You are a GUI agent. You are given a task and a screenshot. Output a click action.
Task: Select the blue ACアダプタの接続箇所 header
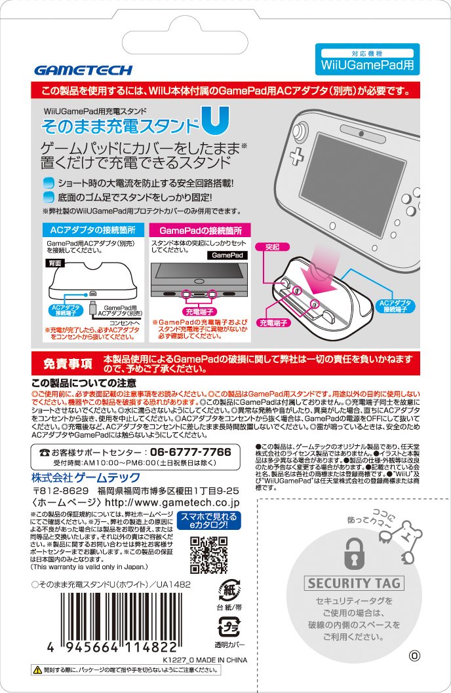pyautogui.click(x=92, y=231)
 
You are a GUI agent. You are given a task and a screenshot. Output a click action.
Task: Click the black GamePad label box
pyautogui.click(x=227, y=254)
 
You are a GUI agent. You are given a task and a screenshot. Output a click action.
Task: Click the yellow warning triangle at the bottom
pyautogui.click(x=37, y=670)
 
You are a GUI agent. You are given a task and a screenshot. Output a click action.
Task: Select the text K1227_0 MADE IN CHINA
pyautogui.click(x=205, y=660)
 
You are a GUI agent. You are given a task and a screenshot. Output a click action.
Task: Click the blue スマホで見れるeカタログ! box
pyautogui.click(x=209, y=520)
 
